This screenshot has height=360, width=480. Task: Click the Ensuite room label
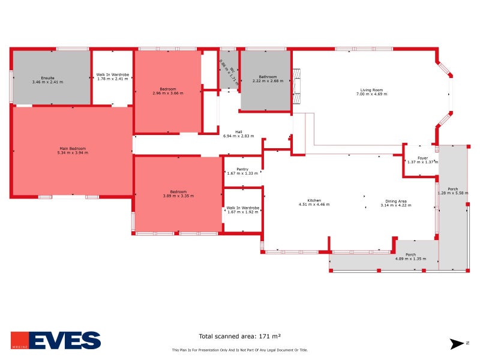pos(48,78)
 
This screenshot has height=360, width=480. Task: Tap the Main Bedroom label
pos(73,149)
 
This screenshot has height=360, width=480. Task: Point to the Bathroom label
pos(268,77)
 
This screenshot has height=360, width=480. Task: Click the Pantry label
pos(242,169)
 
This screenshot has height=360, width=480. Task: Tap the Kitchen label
pos(314,200)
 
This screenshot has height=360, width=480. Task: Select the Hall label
pos(239,132)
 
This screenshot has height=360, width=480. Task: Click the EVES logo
pos(56,340)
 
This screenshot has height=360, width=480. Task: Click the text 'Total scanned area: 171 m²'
pos(240,337)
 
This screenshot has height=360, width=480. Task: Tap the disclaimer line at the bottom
pos(240,350)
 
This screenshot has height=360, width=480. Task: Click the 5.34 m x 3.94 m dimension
pos(73,153)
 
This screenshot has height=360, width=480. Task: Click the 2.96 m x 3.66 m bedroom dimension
pos(168,94)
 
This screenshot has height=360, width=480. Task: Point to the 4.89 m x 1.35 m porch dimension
pos(410,259)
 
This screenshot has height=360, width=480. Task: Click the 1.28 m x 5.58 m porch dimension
pos(452,193)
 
